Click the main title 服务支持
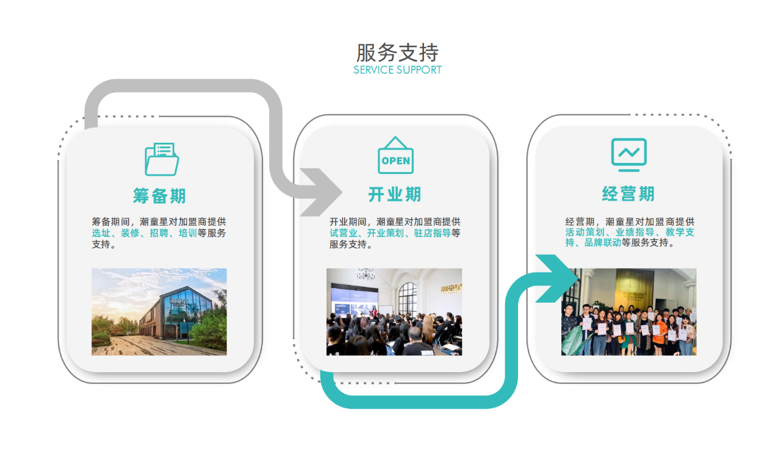(x=397, y=52)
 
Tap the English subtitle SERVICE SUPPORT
(x=397, y=70)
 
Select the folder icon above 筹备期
(x=162, y=159)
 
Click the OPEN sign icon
(x=396, y=155)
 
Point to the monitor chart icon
(x=629, y=155)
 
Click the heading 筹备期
(x=159, y=196)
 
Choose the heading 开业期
(x=395, y=194)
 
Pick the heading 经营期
(x=628, y=194)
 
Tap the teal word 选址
(x=101, y=233)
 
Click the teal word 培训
(x=187, y=233)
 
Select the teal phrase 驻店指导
(x=433, y=233)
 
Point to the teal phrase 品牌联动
(x=602, y=243)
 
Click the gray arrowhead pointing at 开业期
(x=321, y=192)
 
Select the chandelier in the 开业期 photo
(x=365, y=274)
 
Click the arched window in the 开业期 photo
(x=408, y=299)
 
